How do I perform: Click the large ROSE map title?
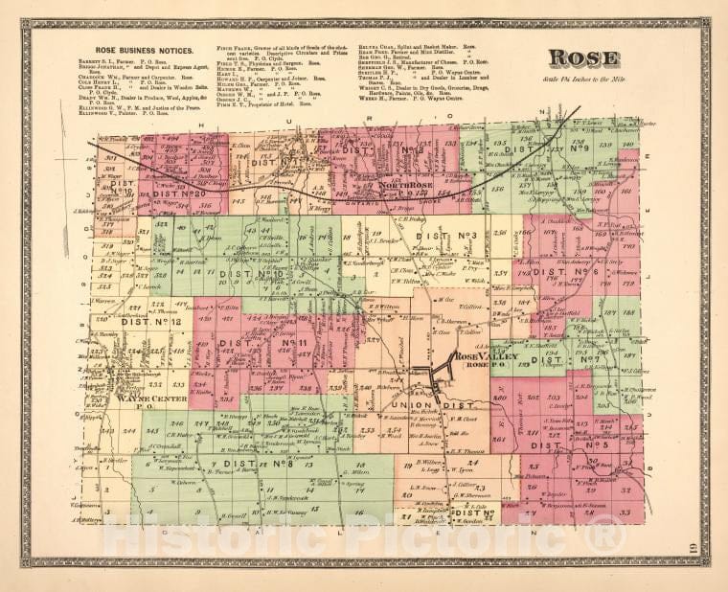point(582,58)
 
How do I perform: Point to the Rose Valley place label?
point(487,356)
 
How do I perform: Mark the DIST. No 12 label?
point(151,321)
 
